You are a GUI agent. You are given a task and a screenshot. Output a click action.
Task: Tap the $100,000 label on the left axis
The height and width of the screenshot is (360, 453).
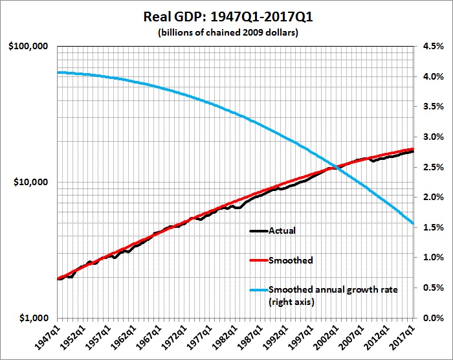[x=30, y=47]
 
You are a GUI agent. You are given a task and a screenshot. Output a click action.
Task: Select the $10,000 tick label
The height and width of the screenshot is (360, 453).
[x=32, y=182]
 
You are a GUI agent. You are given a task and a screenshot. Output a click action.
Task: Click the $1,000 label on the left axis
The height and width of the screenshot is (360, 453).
[x=35, y=318]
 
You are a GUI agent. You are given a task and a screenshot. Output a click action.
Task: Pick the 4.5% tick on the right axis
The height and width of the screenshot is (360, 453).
[x=432, y=47]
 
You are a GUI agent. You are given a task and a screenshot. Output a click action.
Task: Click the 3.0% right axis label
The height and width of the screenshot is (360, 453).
[x=432, y=137]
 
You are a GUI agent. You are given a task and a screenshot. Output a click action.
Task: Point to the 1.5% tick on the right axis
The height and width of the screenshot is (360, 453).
[x=432, y=227]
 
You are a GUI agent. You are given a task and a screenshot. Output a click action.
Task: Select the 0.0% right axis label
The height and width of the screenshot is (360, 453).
[x=432, y=318]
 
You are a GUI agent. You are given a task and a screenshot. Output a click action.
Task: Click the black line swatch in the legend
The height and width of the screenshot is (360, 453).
[x=260, y=231]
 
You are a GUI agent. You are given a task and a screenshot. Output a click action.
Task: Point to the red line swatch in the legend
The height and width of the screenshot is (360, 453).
[x=260, y=261]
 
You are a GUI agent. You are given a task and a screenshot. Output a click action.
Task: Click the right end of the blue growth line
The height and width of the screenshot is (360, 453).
[x=414, y=224]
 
